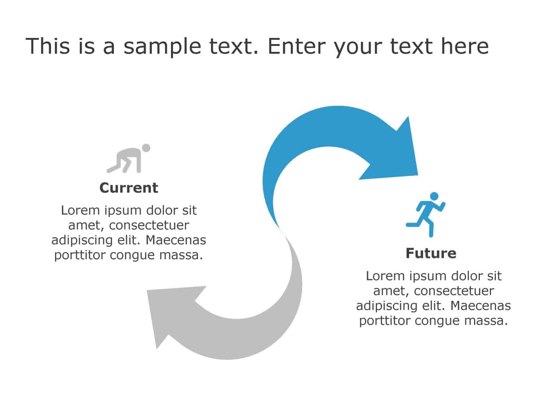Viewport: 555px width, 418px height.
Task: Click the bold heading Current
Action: click(x=129, y=188)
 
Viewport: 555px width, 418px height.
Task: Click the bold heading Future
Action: click(x=431, y=253)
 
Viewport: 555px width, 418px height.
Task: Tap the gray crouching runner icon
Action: click(x=128, y=158)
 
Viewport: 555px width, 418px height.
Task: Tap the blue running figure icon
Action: click(x=426, y=215)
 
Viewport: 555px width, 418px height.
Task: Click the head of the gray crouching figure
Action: click(x=146, y=148)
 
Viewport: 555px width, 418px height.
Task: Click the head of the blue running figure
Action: click(x=434, y=196)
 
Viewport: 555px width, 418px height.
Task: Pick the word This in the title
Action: click(x=48, y=46)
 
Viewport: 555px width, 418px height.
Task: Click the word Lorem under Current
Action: click(x=81, y=210)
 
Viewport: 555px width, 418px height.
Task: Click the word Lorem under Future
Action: click(x=385, y=276)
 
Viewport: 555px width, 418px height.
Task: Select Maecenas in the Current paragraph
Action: click(x=176, y=240)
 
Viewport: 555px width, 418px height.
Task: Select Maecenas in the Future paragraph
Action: click(x=481, y=306)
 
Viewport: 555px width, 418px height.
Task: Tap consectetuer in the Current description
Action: click(x=149, y=225)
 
